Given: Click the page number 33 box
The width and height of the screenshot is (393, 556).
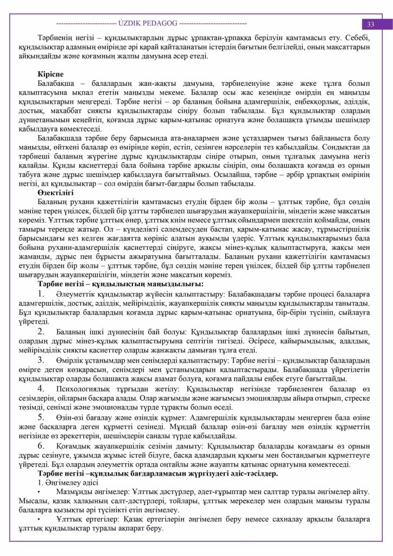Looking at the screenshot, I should coord(371,24).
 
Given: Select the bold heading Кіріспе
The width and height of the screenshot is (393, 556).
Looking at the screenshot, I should coord(50,73).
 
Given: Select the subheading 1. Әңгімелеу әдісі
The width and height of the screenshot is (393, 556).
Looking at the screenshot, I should coord(66,483).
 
